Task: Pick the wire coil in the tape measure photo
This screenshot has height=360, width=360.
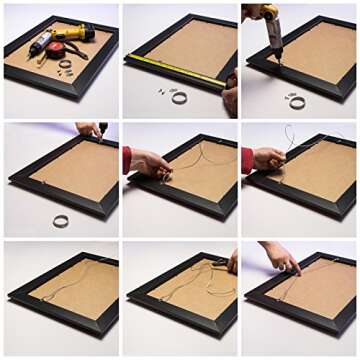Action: click(x=179, y=97)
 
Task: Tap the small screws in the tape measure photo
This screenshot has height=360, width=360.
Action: click(x=160, y=92)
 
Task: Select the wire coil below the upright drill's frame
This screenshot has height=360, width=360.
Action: click(x=296, y=101)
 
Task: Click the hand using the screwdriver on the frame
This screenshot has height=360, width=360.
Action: click(x=88, y=129)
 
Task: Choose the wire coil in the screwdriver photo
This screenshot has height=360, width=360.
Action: click(x=61, y=220)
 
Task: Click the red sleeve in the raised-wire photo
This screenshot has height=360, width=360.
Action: click(x=246, y=160)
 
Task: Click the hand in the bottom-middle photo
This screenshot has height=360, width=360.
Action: click(x=231, y=262)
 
